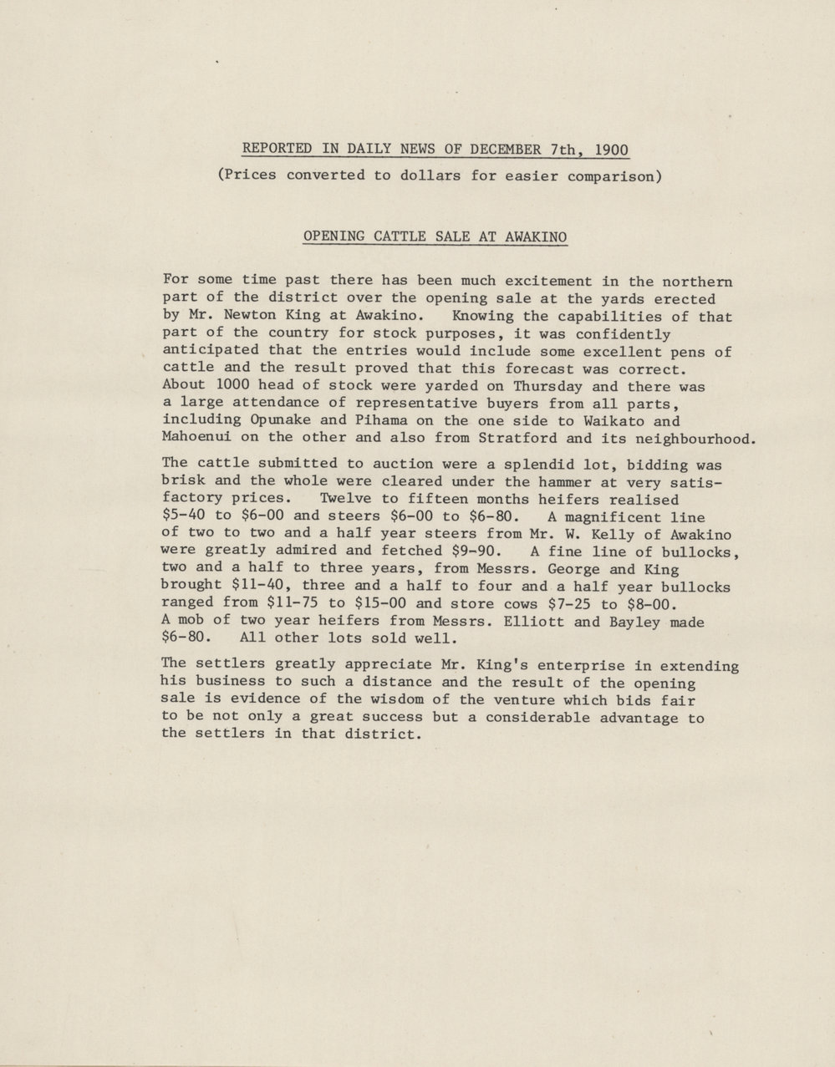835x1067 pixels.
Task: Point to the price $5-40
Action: (x=185, y=516)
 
